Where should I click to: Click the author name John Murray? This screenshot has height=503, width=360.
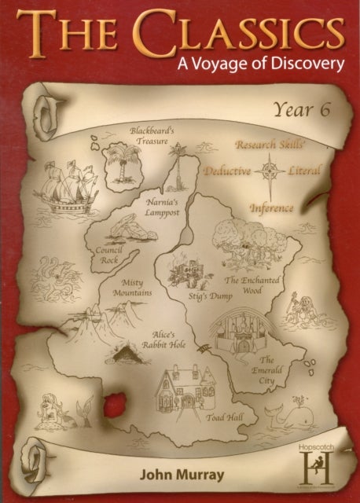point(178,476)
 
